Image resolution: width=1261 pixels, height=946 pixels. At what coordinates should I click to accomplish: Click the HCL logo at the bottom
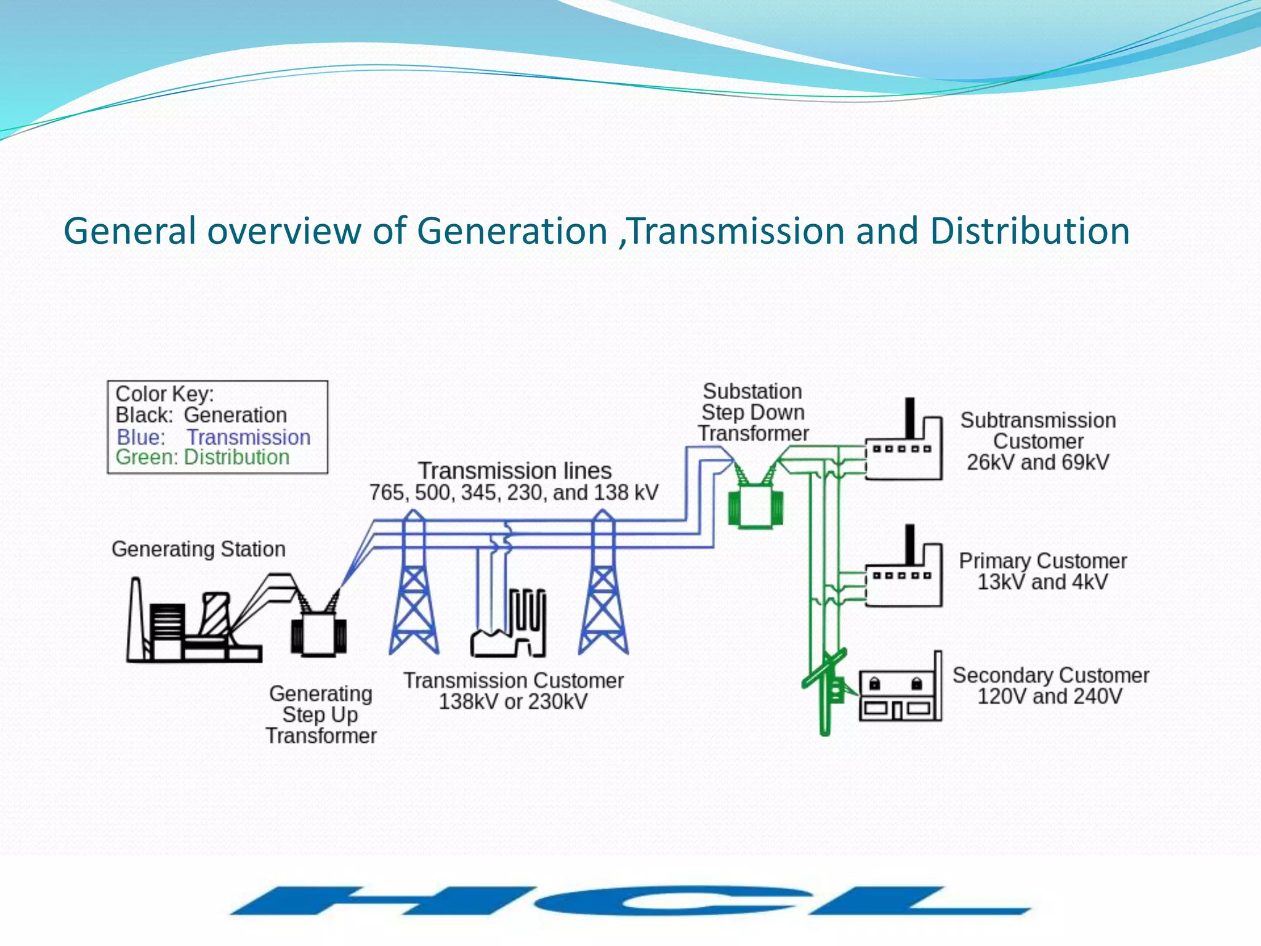coord(630,901)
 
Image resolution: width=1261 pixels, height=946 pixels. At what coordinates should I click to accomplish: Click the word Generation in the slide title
coord(512,231)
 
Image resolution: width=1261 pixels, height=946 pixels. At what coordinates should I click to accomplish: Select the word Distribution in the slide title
coord(1029,231)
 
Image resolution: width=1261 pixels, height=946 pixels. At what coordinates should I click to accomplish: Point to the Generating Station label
coord(198,549)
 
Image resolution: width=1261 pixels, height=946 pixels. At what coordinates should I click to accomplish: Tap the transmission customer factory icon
coord(509,623)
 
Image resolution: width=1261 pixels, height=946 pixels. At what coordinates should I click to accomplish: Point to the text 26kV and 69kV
coord(1038,462)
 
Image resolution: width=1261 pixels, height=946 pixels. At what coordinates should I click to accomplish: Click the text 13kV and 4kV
coord(1043,581)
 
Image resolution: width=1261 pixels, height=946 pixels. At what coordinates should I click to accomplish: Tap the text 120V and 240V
coord(1050,696)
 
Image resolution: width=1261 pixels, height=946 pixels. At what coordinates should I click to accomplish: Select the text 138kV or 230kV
coord(513,701)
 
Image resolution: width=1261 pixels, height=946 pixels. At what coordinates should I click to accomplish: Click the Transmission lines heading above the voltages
coord(515,471)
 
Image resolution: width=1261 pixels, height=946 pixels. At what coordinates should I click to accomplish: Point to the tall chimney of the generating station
coord(134,619)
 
